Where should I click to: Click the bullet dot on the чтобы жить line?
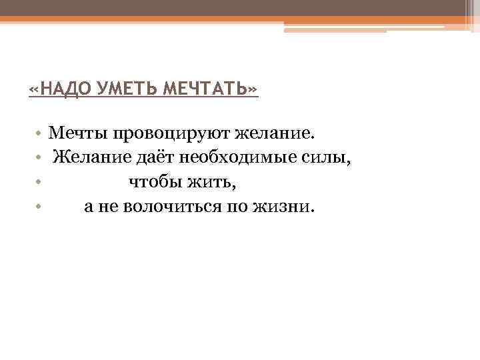[40, 183]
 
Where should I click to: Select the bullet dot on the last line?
[40, 207]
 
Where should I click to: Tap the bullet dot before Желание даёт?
[40, 158]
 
